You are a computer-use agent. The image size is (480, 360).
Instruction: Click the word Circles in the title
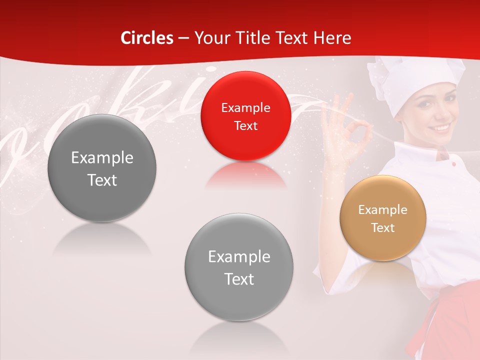[147, 38]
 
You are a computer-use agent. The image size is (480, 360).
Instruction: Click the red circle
[245, 116]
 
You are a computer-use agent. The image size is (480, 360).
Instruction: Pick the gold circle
[383, 218]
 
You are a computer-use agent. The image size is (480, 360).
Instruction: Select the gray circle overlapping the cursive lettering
[102, 168]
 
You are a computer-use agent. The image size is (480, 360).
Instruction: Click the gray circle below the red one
[239, 267]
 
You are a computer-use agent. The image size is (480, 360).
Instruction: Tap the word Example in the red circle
[245, 107]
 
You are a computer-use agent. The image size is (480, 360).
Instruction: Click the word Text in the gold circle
[383, 228]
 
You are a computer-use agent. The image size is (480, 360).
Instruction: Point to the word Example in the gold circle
[383, 210]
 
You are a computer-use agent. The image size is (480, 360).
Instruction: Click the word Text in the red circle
[245, 125]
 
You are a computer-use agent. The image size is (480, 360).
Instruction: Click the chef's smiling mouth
[442, 127]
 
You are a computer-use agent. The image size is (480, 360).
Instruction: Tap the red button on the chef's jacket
[453, 164]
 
